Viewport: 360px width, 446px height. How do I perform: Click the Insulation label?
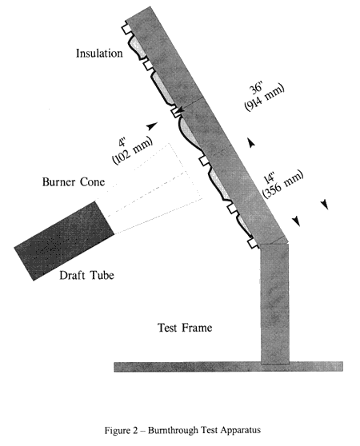pyautogui.click(x=99, y=54)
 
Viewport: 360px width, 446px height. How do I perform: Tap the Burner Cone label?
pyautogui.click(x=74, y=181)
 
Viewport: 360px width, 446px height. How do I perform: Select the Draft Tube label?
pyautogui.click(x=86, y=275)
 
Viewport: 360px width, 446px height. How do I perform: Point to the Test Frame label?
pyautogui.click(x=185, y=328)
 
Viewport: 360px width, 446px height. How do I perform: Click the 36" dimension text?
pyautogui.click(x=257, y=88)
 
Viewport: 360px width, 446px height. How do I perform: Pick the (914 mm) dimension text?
pyautogui.click(x=264, y=98)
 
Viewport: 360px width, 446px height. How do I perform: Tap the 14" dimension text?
pyautogui.click(x=270, y=178)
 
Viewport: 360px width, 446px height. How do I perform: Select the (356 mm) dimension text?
pyautogui.click(x=283, y=185)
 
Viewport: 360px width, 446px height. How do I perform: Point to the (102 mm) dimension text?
pyautogui.click(x=133, y=151)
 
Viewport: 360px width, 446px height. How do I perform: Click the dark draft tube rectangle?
pyautogui.click(x=64, y=241)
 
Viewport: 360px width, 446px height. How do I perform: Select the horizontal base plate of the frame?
pyautogui.click(x=228, y=367)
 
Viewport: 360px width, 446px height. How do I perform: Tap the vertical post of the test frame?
pyautogui.click(x=275, y=304)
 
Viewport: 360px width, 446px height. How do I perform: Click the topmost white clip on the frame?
pyautogui.click(x=126, y=29)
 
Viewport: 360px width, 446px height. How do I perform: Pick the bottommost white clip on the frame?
pyautogui.click(x=253, y=243)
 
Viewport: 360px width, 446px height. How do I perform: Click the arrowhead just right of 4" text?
pyautogui.click(x=153, y=125)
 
